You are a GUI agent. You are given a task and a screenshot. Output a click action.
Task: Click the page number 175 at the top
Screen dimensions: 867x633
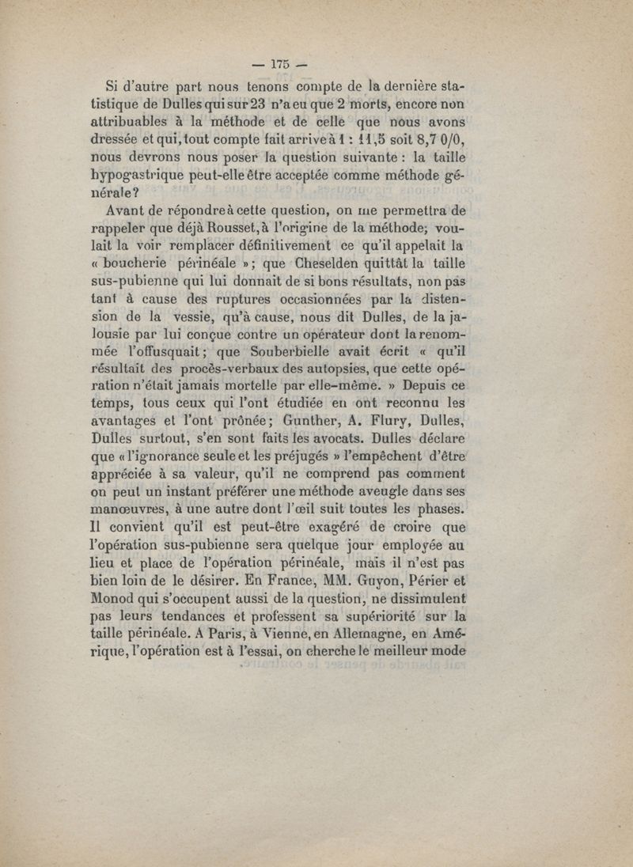point(281,65)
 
